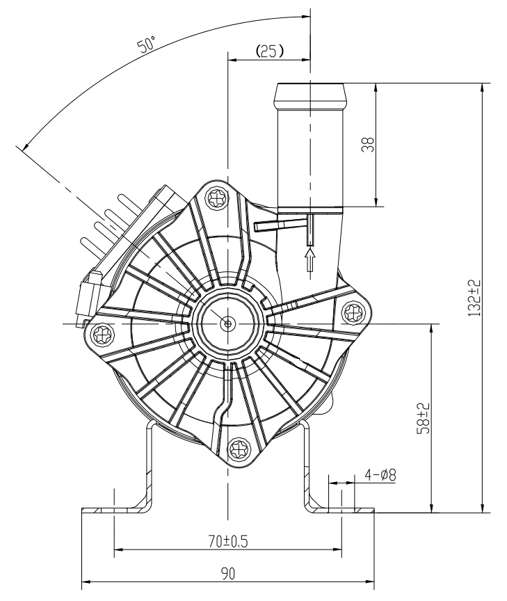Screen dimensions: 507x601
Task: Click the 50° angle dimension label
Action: point(147,44)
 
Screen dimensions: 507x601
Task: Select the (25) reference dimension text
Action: point(270,51)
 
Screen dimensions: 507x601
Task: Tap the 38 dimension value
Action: point(368,145)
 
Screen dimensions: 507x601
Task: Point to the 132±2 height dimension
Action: point(474,298)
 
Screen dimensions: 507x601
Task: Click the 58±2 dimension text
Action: point(424,418)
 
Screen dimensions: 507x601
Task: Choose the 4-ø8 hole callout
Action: point(380,475)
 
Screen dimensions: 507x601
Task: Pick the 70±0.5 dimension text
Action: point(228,541)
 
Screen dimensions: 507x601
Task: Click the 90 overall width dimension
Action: point(227,573)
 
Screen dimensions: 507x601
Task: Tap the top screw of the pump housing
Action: point(217,198)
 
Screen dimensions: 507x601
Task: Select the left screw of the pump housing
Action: point(104,334)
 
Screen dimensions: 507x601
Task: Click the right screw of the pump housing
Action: point(353,313)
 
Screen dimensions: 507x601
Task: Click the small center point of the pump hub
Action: point(228,324)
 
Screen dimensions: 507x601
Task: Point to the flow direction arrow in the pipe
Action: point(310,259)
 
